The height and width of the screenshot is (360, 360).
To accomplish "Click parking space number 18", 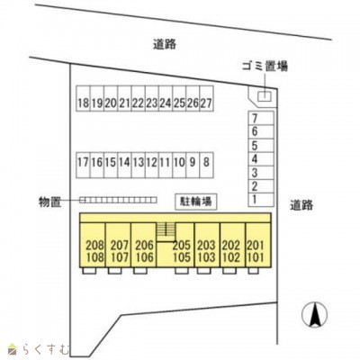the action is [83, 99].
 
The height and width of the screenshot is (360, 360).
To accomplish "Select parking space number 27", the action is [206, 99].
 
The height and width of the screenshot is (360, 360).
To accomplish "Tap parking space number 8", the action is [206, 165].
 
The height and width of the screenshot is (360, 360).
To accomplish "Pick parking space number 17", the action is [83, 165].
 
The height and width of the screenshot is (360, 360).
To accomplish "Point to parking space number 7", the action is [261, 118].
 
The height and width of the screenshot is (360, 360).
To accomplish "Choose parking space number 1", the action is [261, 200].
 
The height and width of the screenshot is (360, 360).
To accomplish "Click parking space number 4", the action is [261, 159].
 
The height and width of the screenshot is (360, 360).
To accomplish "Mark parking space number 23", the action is [152, 99].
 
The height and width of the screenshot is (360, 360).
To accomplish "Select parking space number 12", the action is [152, 165].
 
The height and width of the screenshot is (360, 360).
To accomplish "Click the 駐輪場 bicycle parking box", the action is [196, 202].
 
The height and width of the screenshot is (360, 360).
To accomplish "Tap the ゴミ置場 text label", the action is [265, 66].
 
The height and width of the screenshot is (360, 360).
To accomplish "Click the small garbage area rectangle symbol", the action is [265, 96].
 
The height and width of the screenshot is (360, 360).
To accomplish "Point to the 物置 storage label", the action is [49, 202].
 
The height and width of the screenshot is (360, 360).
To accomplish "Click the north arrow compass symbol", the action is [314, 315].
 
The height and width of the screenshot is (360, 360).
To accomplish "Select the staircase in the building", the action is [166, 232].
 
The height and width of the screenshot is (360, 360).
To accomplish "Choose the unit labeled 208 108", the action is [93, 245].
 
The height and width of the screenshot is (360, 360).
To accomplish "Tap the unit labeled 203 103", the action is [207, 245].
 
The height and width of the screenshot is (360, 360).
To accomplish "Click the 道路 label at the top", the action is [165, 44].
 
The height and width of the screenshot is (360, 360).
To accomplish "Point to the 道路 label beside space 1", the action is [301, 205].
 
